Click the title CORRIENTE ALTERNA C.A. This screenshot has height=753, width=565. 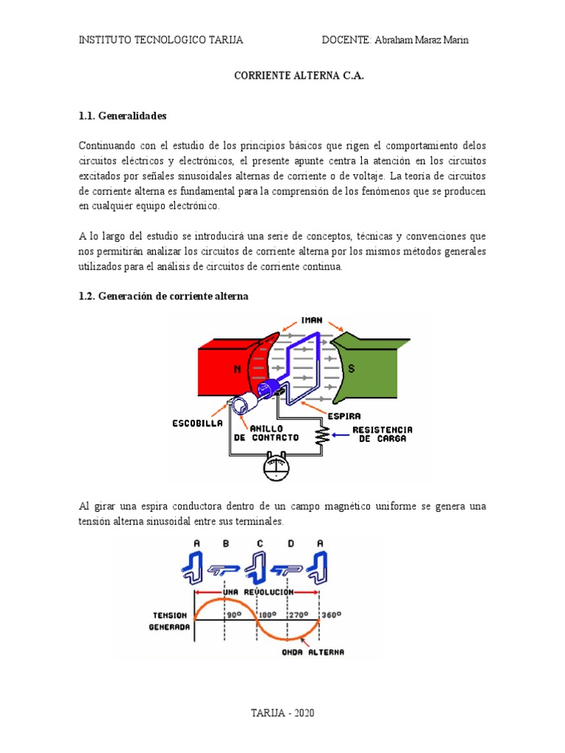[x=299, y=76]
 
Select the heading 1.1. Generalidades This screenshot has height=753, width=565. [x=123, y=116]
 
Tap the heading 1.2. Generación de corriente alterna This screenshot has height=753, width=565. [x=163, y=296]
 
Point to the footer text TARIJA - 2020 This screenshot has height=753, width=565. [x=282, y=713]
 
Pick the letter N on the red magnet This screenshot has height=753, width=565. [x=238, y=370]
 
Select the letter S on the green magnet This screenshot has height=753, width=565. [x=351, y=369]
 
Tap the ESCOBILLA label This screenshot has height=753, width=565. [x=197, y=424]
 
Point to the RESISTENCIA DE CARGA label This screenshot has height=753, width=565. [x=382, y=434]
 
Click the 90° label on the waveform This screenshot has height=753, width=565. [x=234, y=613]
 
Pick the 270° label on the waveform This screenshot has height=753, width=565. [x=298, y=613]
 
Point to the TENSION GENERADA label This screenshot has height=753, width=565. [x=171, y=621]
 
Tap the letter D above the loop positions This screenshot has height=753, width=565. [x=291, y=544]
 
